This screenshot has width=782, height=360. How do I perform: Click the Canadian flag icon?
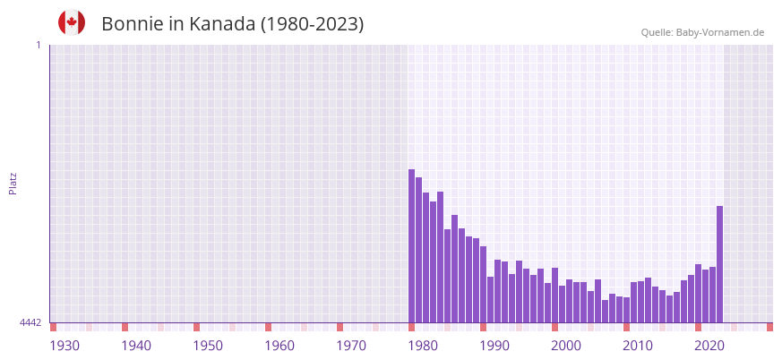(72, 22)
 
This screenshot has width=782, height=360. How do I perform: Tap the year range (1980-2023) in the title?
(312, 24)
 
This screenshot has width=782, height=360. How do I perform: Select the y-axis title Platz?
(13, 183)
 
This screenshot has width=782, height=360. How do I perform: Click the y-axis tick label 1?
(38, 45)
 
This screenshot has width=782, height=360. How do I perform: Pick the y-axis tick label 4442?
(30, 322)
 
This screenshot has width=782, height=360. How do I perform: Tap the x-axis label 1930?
(64, 346)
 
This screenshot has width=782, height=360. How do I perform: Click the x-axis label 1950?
(208, 346)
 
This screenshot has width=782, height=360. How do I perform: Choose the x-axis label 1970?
(351, 346)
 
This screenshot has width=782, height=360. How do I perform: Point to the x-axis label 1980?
(423, 346)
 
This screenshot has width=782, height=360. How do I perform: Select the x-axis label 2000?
(566, 346)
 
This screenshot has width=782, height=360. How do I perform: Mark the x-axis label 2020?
(709, 346)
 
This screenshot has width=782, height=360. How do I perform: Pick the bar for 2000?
(554, 295)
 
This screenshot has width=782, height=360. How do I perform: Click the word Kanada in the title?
(222, 24)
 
